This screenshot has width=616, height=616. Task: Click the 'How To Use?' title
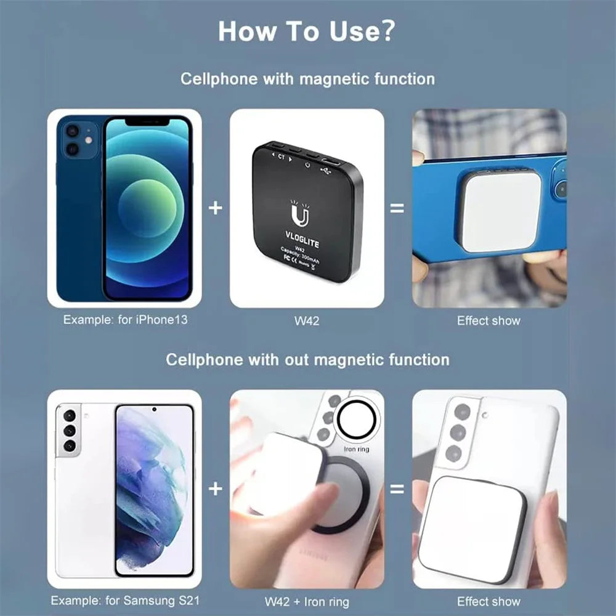(x=306, y=31)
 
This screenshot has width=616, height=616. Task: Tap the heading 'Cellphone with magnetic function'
(x=307, y=79)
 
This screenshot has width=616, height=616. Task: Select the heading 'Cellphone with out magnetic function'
(x=307, y=360)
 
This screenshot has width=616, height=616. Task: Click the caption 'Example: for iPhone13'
(x=125, y=320)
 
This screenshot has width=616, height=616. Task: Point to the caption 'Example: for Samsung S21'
(x=124, y=601)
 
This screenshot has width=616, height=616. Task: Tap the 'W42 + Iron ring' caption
(x=307, y=601)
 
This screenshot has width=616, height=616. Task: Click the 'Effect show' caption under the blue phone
(x=488, y=320)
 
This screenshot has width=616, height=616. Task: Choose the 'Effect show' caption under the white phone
(x=488, y=601)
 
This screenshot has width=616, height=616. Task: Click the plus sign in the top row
(x=215, y=208)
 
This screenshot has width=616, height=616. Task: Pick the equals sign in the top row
(x=397, y=208)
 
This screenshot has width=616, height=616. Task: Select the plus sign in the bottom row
(x=215, y=489)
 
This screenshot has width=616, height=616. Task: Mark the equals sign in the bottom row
(x=397, y=489)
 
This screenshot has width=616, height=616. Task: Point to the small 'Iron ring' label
(x=356, y=449)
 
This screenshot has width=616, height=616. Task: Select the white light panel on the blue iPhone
(x=500, y=211)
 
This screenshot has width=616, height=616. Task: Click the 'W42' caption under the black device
(x=307, y=320)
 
